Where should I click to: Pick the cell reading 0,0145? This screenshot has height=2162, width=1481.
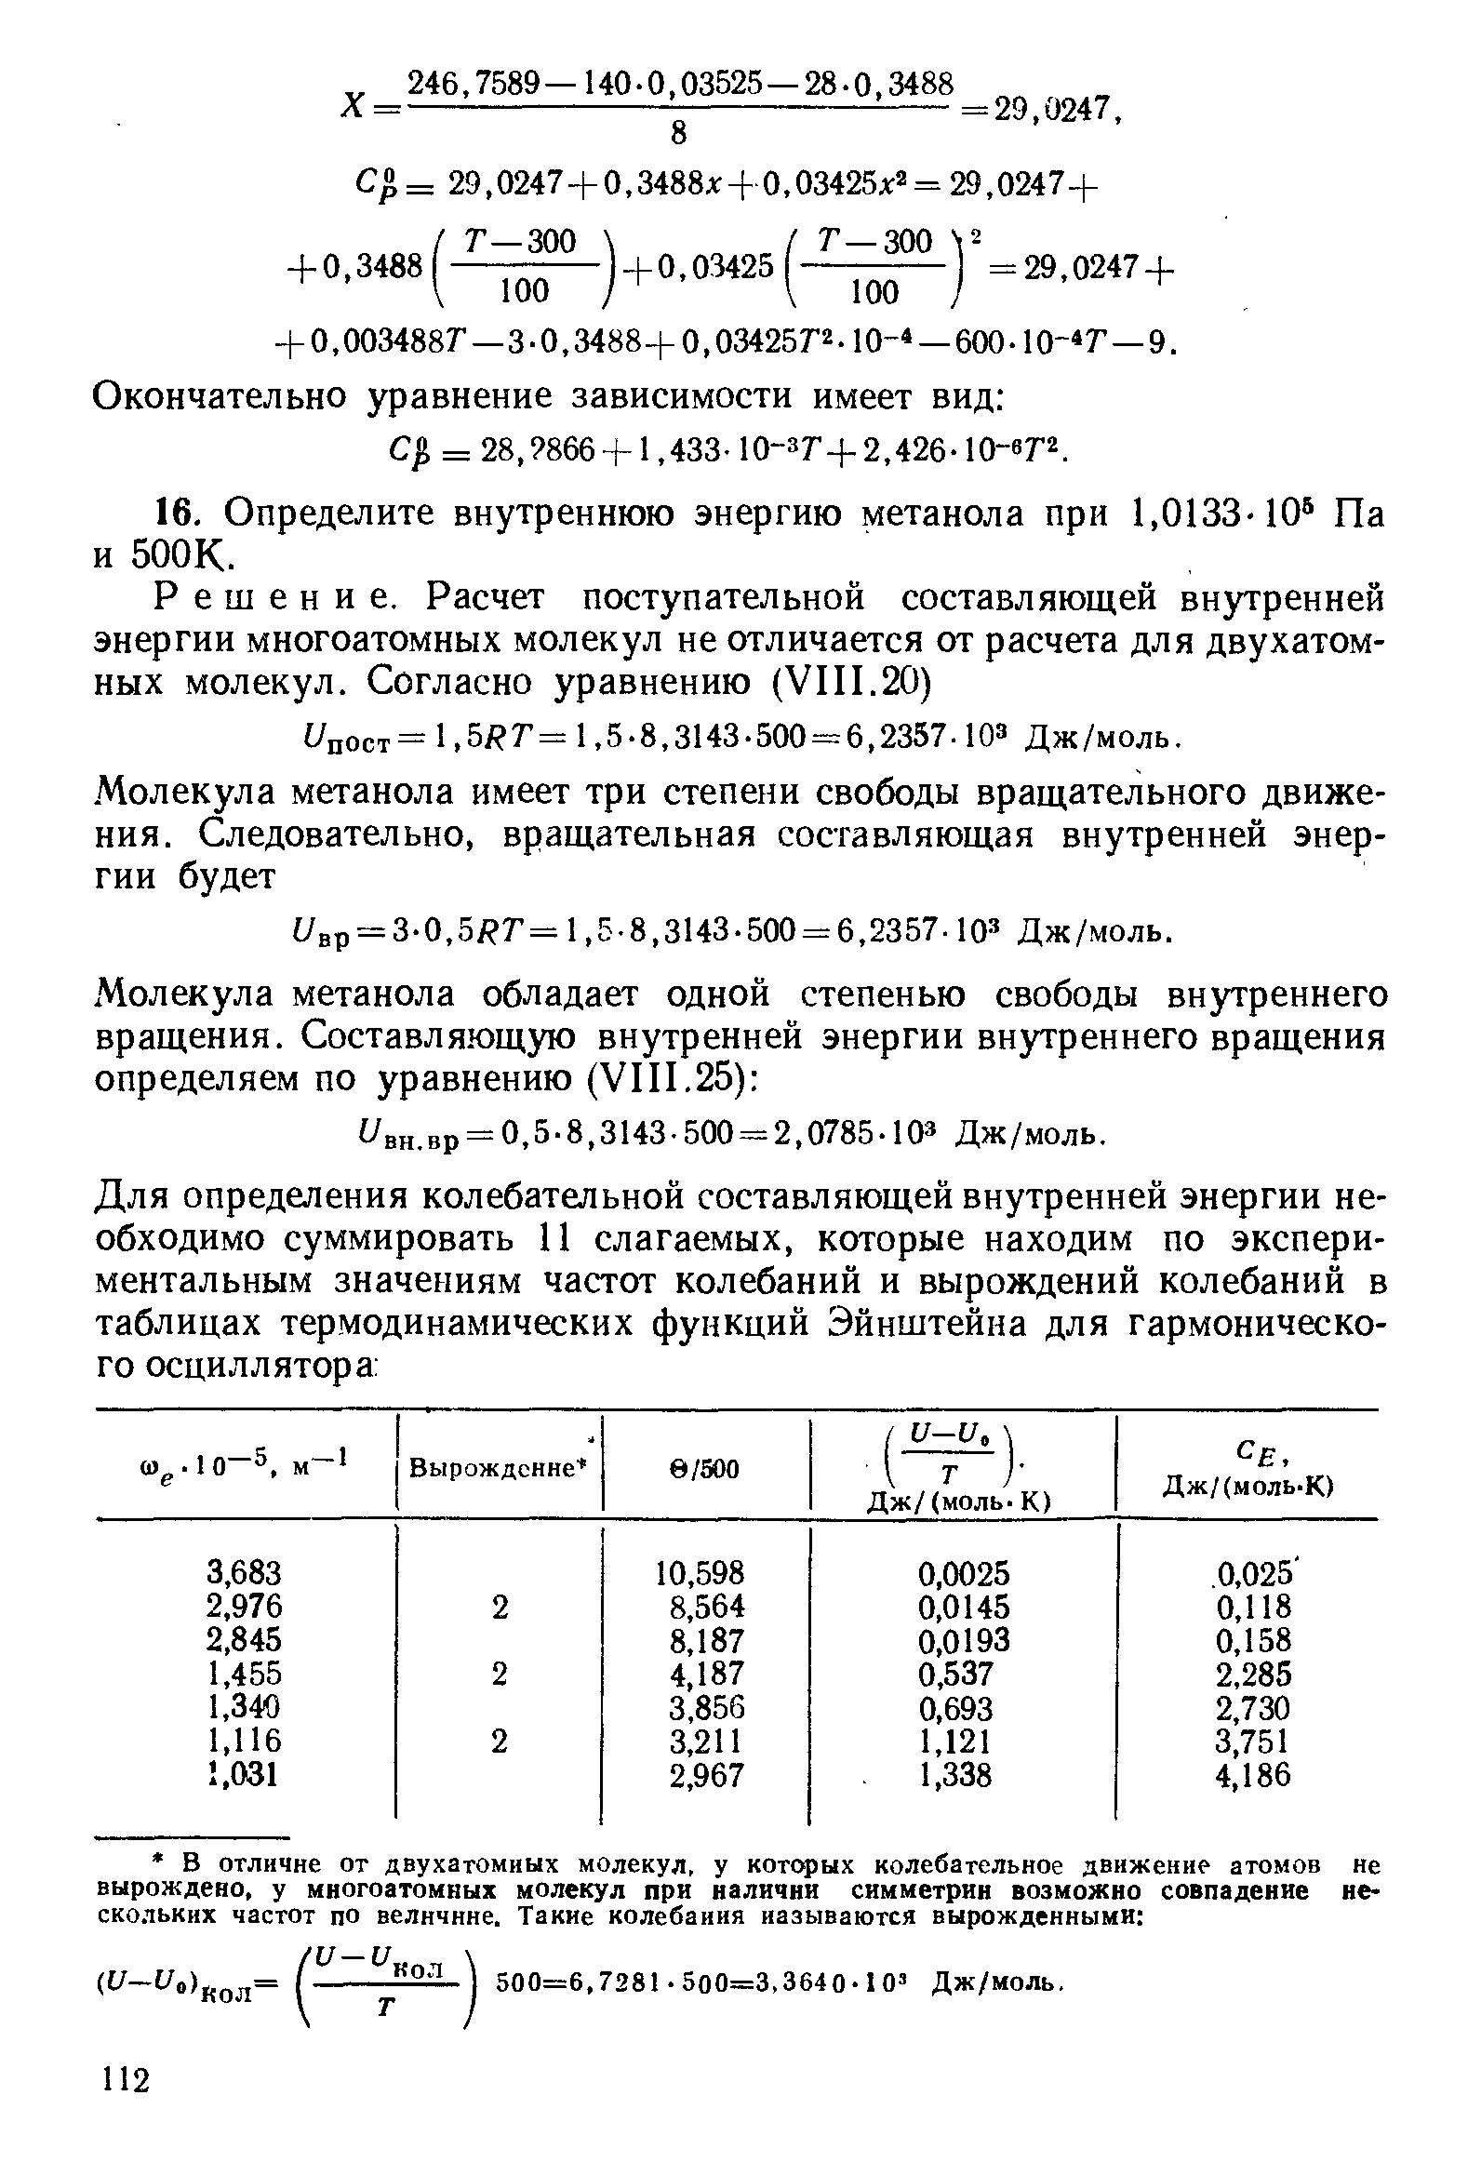pyautogui.click(x=963, y=1607)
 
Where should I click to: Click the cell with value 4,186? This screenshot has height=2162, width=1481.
pyautogui.click(x=1253, y=1776)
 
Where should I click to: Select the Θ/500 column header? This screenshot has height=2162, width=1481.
pyautogui.click(x=705, y=1470)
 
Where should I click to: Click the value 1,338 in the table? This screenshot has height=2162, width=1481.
pyautogui.click(x=954, y=1776)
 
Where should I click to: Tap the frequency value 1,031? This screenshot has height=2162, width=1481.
pyautogui.click(x=243, y=1776)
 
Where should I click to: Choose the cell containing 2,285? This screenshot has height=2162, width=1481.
pyautogui.click(x=1253, y=1675)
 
